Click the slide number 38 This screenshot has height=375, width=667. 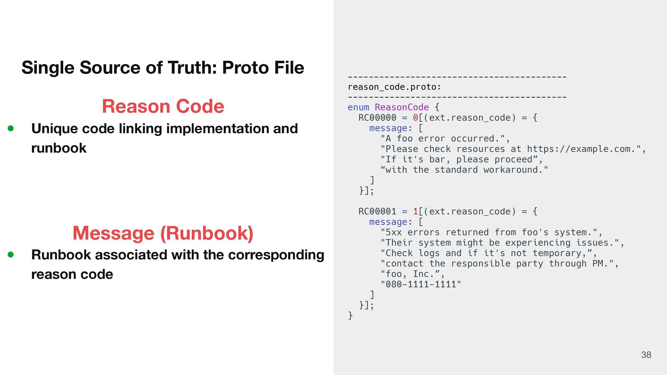[646, 355]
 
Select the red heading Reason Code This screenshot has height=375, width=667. [163, 106]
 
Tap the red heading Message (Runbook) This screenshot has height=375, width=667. [163, 233]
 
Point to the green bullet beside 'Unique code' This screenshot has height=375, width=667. [11, 128]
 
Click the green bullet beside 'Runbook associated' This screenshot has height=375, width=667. [11, 255]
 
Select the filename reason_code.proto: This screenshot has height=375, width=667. [394, 87]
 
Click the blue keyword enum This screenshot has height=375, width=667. [358, 107]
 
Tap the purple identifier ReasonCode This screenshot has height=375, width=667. [402, 107]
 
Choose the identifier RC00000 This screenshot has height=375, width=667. [377, 118]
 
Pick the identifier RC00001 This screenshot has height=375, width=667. [377, 211]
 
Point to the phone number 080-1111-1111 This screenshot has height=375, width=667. [421, 284]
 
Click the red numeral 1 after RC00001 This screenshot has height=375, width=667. [415, 211]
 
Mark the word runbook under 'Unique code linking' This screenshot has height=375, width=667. [59, 148]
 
